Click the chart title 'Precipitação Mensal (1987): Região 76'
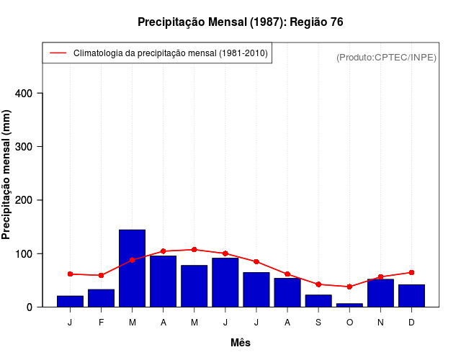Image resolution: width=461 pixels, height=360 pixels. (240, 22)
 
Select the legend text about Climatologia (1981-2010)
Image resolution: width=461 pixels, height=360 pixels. (171, 53)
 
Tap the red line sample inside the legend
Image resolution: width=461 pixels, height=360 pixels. (58, 53)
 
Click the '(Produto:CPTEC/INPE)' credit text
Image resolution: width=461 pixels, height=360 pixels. (386, 57)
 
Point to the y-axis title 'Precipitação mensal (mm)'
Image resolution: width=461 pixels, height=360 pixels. (7, 174)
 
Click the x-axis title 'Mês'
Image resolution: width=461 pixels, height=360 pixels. (241, 343)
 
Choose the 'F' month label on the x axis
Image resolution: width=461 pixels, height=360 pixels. (101, 323)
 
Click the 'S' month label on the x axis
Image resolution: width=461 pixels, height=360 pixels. (318, 323)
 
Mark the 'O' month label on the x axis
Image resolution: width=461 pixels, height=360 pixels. (349, 323)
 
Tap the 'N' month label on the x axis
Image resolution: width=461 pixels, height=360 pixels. (380, 323)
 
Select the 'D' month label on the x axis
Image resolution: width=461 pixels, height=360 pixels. (411, 323)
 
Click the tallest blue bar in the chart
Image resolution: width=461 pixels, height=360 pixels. (132, 269)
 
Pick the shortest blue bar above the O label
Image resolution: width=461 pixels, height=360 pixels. (349, 305)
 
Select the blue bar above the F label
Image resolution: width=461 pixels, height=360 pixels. (101, 298)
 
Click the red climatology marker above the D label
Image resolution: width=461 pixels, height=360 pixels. (411, 272)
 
